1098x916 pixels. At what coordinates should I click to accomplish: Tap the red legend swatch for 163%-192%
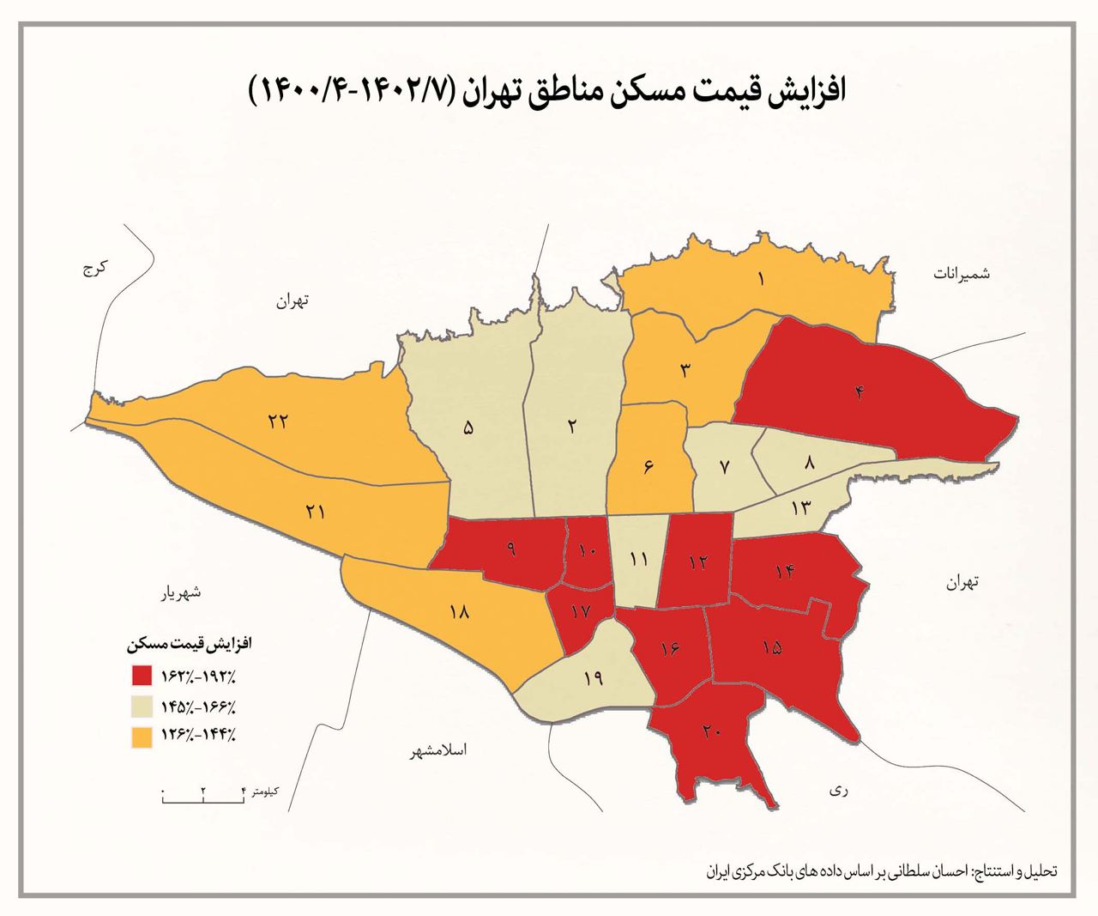click(142, 676)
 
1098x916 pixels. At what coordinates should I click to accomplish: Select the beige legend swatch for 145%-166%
click(142, 706)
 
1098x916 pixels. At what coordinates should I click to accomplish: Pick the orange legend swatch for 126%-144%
click(142, 735)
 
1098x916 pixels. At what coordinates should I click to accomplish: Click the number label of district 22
click(276, 422)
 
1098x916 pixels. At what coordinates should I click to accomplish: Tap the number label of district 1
click(761, 278)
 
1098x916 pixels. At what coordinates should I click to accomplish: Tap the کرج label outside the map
click(94, 269)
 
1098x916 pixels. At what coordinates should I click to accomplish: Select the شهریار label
click(179, 592)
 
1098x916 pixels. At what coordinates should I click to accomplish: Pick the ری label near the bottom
click(838, 792)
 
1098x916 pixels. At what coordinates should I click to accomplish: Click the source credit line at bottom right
click(883, 870)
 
